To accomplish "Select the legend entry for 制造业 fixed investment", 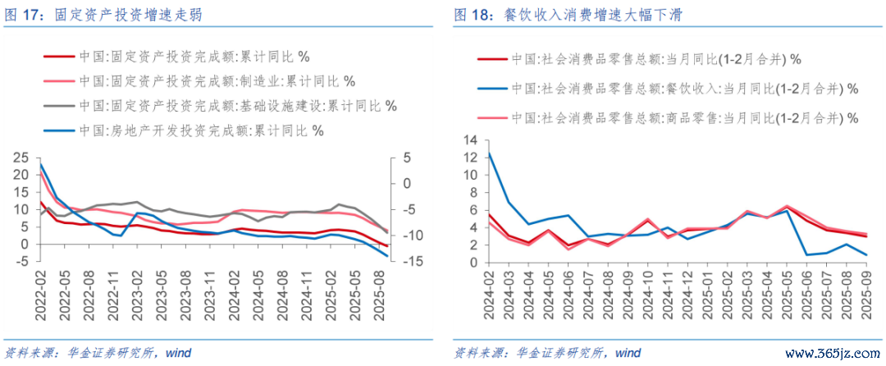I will click(x=217, y=81).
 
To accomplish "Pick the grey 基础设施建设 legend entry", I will click(x=237, y=106).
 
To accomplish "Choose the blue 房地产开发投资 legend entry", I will click(x=200, y=130).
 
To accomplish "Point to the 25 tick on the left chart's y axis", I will click(x=22, y=158).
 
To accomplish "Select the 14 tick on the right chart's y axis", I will click(x=471, y=140).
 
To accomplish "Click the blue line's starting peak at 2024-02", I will click(x=489, y=153).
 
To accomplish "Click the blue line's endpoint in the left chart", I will click(x=388, y=256).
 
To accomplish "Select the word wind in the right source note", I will click(x=628, y=353).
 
